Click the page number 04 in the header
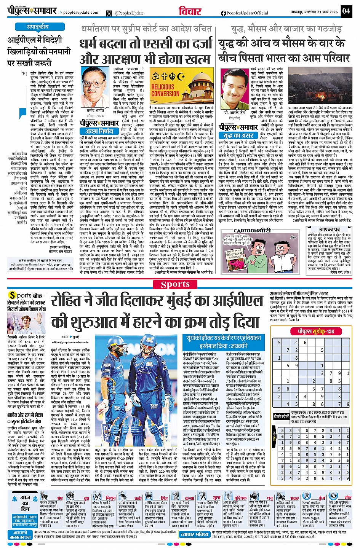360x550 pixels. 346,11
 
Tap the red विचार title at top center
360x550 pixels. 190,11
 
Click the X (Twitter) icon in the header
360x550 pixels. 110,13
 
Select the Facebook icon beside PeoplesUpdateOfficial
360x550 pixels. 223,13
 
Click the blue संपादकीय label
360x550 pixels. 37,27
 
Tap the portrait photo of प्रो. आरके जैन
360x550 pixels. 234,91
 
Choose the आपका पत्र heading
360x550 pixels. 330,230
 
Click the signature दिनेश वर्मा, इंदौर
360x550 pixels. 340,273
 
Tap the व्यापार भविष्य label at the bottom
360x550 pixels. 194,534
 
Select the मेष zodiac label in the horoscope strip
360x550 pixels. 60,498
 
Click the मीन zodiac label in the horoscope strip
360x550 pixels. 347,498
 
